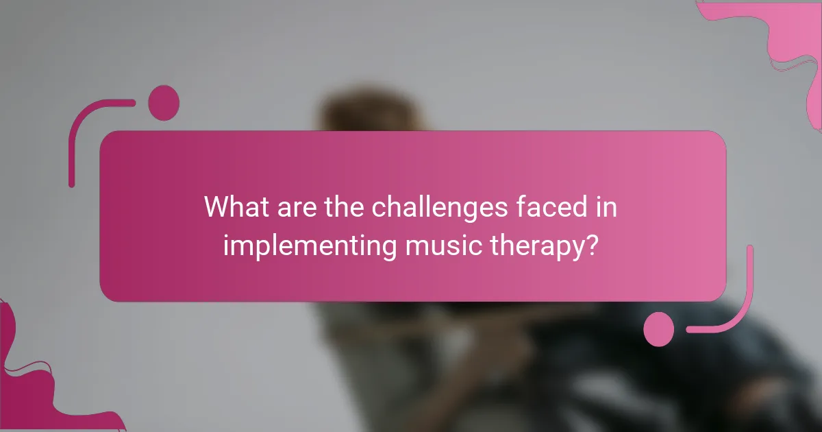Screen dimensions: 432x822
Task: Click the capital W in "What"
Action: (x=217, y=207)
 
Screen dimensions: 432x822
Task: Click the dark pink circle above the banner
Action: (x=164, y=103)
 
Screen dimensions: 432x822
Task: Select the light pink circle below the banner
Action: (x=659, y=328)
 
